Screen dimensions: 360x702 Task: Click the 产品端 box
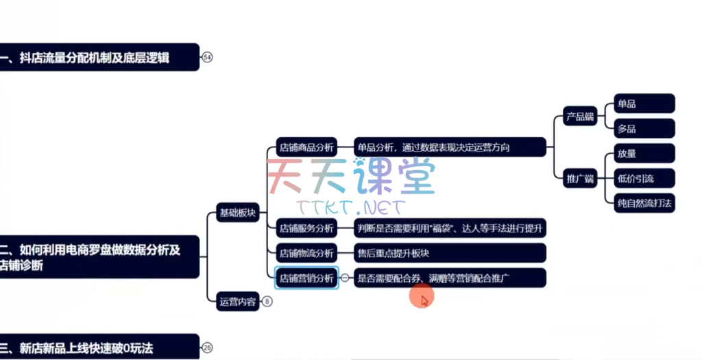579,116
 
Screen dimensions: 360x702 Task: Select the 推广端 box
579,179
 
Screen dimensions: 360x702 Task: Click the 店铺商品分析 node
306,147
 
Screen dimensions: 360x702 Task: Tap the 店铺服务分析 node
306,228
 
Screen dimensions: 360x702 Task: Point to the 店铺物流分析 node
306,252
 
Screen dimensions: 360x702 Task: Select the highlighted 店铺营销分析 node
306,278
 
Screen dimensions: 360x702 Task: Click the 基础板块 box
237,213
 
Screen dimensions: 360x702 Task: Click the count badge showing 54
208,58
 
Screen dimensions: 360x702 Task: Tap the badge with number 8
267,301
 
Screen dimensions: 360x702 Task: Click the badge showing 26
208,348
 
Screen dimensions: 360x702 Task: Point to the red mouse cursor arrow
425,300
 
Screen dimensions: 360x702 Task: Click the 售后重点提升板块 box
450,252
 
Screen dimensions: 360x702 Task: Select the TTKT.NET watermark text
351,206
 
